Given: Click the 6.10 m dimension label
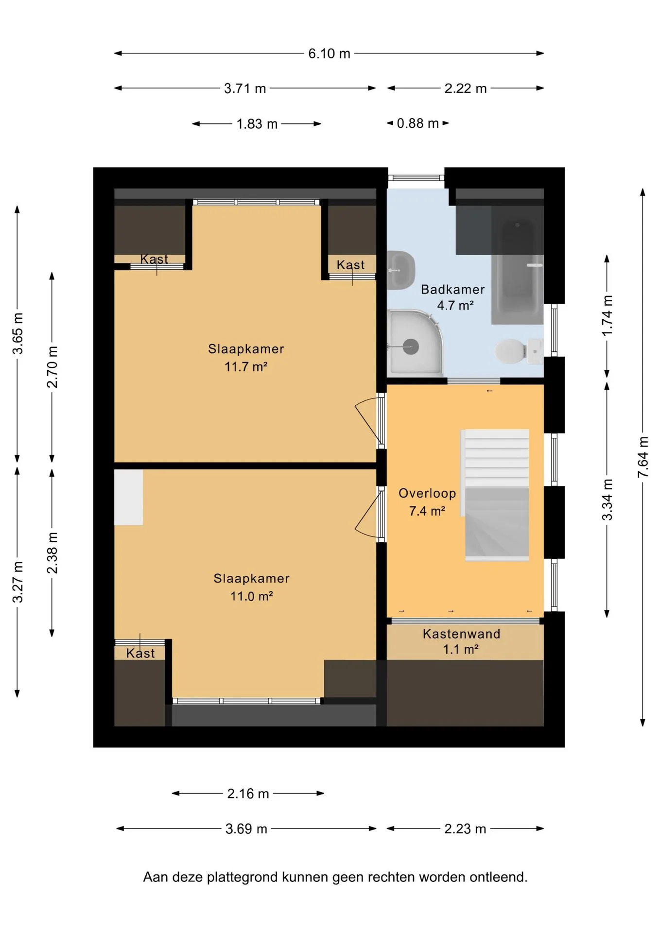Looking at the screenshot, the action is [x=329, y=53].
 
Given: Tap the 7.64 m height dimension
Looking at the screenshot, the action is [x=643, y=457].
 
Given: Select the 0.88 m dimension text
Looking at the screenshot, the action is [x=417, y=123].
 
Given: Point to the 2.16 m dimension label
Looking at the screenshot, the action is [x=248, y=794].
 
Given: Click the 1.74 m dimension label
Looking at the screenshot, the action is [x=607, y=315].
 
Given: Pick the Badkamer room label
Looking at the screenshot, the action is [x=453, y=290].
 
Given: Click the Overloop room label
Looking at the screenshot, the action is [x=427, y=493].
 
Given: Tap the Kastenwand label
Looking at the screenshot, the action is [x=461, y=634].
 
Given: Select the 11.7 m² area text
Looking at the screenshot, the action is [x=246, y=366].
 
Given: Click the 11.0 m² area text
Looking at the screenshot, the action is [x=251, y=596].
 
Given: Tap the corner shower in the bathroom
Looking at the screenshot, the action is [x=416, y=343].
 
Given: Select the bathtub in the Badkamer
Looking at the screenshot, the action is [x=517, y=265].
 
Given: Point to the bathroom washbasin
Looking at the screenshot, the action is [x=401, y=270].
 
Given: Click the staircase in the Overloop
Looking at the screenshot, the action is [x=496, y=495].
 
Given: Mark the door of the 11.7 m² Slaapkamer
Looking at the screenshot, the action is [x=370, y=421].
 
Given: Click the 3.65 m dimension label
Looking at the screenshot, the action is [x=17, y=333].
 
